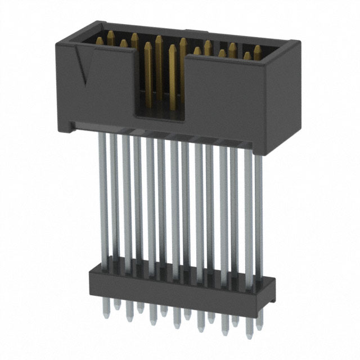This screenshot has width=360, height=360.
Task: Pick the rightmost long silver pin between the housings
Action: pos(258,214)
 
